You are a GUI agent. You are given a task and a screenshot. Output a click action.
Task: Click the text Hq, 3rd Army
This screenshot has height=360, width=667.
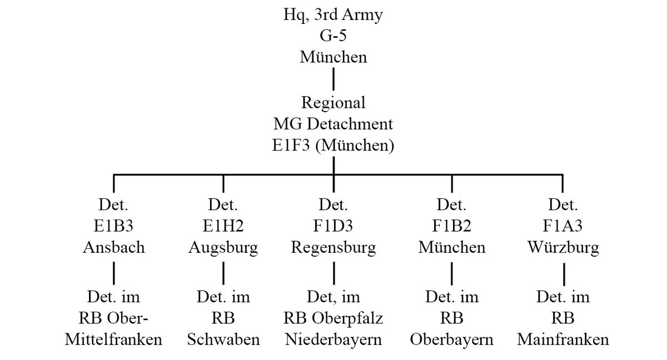333,15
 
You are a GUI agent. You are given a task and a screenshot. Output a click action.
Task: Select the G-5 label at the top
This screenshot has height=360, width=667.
333,36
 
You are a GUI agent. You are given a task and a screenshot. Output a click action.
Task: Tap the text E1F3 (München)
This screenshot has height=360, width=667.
333,146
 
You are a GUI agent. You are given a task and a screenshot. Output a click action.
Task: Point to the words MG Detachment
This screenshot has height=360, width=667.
333,124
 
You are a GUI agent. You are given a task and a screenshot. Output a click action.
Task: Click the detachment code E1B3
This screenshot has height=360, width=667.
113,226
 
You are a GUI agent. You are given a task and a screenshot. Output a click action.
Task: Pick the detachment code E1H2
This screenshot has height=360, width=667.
223,226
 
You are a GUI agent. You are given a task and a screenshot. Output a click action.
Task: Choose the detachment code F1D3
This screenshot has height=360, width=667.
333,226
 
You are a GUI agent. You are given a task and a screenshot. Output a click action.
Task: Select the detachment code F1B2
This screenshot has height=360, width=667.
451,226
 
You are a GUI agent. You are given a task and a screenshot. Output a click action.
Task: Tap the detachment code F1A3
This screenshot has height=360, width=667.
563,226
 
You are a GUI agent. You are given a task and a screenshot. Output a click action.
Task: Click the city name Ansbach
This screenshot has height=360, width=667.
113,247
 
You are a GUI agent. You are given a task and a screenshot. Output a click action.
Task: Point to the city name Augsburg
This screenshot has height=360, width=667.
223,247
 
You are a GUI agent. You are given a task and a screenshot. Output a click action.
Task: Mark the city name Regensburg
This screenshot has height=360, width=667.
333,247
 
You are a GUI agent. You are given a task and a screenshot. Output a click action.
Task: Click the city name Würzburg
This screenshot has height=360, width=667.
563,247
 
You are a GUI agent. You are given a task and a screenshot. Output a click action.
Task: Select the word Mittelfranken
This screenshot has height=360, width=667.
113,339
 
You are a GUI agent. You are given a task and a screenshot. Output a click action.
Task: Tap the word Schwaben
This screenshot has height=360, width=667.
223,339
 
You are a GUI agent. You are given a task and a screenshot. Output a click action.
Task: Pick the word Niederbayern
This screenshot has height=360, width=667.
333,339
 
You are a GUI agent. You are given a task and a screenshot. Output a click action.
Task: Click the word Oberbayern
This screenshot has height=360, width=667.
451,339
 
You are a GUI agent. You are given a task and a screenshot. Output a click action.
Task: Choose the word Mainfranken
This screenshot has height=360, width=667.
563,339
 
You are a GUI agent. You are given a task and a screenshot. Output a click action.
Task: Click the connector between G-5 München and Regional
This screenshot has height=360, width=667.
333,79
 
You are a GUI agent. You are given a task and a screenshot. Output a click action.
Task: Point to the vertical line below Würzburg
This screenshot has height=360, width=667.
564,273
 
